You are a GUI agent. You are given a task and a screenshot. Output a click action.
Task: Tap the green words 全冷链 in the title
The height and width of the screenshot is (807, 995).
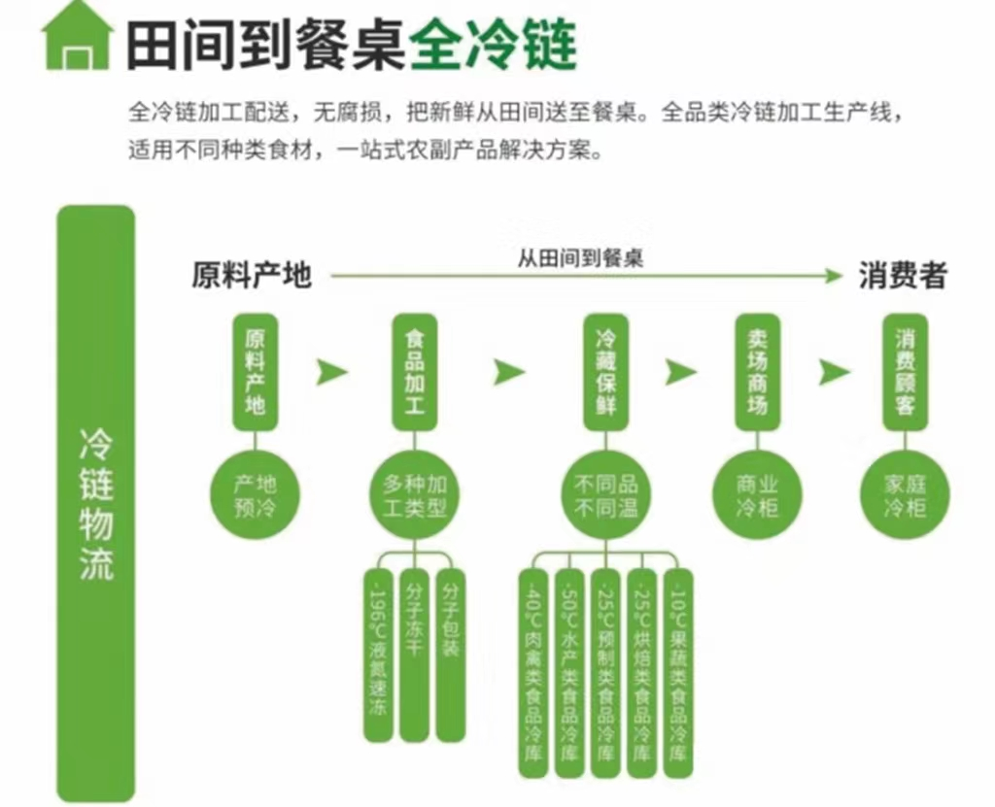point(493,43)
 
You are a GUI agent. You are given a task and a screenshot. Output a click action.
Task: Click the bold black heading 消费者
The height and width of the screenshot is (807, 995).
point(902,276)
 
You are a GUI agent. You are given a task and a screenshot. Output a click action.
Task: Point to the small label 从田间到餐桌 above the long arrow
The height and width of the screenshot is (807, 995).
point(580,258)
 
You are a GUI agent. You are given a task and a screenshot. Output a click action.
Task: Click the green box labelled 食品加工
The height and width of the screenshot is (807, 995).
point(415,372)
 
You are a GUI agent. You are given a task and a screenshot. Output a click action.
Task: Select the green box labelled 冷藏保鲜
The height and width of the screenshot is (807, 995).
point(606,372)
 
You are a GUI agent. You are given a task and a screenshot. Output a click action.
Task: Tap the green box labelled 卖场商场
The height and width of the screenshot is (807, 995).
point(758,372)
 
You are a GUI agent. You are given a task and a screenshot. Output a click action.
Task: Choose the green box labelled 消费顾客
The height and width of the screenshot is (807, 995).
point(905,372)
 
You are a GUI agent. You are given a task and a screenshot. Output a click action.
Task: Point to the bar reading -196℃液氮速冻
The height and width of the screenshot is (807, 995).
point(379,656)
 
